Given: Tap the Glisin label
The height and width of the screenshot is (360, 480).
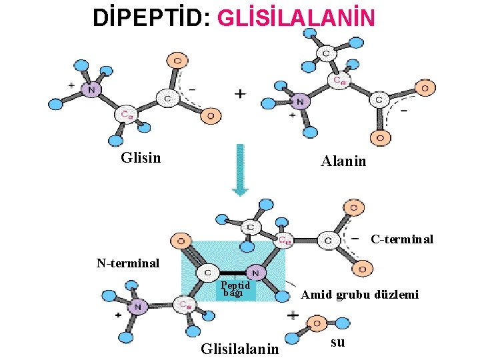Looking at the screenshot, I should pos(141,158).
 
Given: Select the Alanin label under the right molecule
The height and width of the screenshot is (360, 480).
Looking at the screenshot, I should pos(343,161).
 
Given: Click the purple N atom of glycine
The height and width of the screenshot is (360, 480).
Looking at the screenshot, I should pos(91,89).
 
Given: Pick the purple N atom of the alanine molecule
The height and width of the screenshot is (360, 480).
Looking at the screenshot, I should pos(300,102).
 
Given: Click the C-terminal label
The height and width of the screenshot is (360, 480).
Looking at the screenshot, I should pos(401,239).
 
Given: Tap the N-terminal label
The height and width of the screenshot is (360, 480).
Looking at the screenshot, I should pos(127,263).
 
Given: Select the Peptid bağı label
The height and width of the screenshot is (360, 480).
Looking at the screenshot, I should pos(235,289).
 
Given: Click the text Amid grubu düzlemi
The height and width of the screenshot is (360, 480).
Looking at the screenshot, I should pos(360,294).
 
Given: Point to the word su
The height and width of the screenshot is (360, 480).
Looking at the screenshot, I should pos(337,343).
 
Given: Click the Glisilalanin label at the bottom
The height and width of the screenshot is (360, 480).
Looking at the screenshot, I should pos(240,348).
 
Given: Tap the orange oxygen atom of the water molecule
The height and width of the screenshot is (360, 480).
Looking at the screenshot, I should pos(315,325).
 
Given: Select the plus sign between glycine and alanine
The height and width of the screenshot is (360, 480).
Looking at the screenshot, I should pos(239,95).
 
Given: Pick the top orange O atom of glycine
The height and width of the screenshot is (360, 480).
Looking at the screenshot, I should pos(177,61).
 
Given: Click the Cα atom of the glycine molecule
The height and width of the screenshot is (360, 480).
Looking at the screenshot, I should pos(126,114).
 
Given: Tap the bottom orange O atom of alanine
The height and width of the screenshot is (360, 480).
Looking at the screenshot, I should pos(381,138).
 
